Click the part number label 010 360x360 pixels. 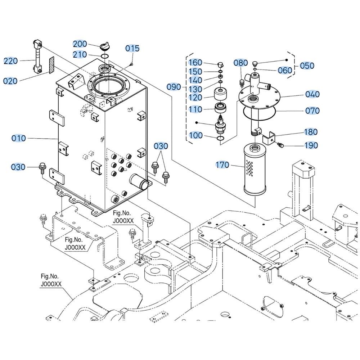tap(18, 138)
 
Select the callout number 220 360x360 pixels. tap(11, 61)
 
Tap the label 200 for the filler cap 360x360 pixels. tap(80, 44)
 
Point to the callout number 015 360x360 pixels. tap(132, 49)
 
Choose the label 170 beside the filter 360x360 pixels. tap(222, 165)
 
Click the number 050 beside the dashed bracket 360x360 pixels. tap(307, 66)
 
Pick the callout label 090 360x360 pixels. tap(174, 87)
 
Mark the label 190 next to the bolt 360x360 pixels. tap(311, 145)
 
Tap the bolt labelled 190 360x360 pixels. tap(281, 145)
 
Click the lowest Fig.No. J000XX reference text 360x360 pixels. tap(51, 280)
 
